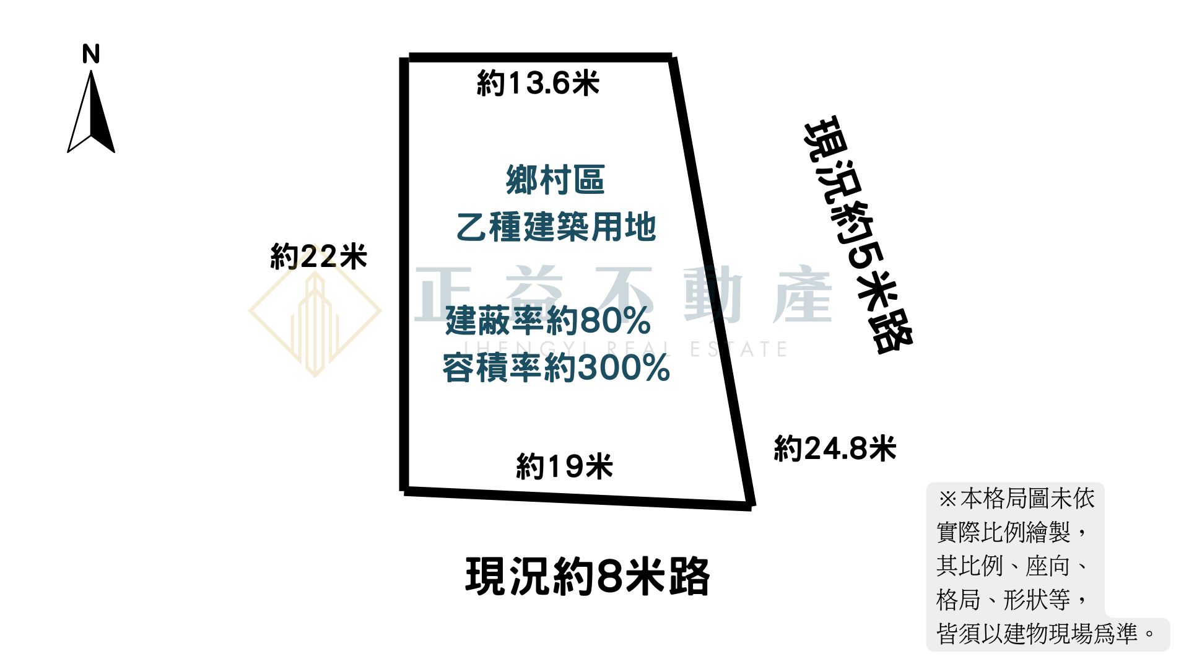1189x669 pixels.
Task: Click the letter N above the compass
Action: tap(91, 55)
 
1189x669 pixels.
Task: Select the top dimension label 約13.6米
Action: tap(538, 83)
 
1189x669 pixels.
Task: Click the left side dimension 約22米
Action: tap(318, 256)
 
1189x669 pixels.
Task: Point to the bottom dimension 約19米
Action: tap(564, 466)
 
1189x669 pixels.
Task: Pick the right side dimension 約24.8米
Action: tap(835, 448)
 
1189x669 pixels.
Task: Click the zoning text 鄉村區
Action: tap(555, 180)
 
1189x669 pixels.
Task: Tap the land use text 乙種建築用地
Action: tap(555, 227)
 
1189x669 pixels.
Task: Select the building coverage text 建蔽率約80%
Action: tap(548, 321)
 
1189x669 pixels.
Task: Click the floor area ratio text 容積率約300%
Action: tap(556, 368)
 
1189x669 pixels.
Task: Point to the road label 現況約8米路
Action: tap(587, 577)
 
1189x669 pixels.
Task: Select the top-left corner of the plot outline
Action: tap(406, 58)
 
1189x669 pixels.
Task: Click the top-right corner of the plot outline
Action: tap(672, 58)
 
